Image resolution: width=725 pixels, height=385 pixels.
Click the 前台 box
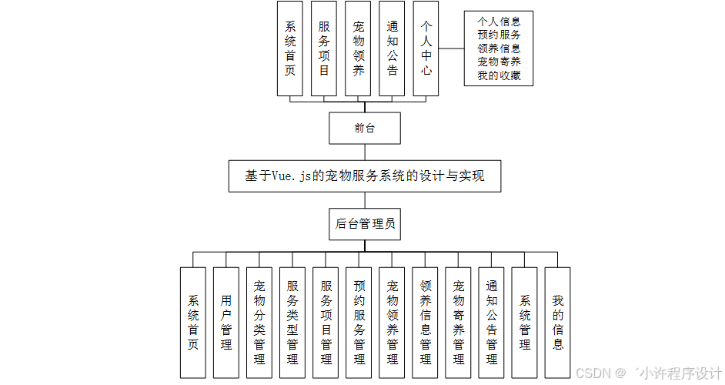coord(364,128)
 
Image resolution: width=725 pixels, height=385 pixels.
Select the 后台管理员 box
coord(364,225)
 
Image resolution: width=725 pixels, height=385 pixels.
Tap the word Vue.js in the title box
coord(291,176)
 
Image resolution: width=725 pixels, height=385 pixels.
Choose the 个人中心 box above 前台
coord(426,48)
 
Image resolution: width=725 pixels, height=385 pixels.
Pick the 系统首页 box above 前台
coord(290,48)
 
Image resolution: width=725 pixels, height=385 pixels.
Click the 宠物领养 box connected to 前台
coord(358,48)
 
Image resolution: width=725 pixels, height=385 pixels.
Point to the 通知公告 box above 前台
coord(392,48)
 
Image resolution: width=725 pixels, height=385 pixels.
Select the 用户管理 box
coord(226,322)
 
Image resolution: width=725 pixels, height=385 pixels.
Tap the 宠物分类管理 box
coord(259,322)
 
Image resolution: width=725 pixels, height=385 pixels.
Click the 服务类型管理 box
coord(292,322)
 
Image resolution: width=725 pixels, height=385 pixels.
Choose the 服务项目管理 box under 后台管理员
coord(326,322)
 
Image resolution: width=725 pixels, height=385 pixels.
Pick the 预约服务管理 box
coord(359,322)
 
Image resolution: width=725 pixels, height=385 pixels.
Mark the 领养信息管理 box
coord(426,322)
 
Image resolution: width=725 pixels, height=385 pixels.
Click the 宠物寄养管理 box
coord(459,322)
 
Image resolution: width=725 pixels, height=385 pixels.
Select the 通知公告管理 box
coord(492,322)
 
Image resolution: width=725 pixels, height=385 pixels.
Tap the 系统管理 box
coord(525,322)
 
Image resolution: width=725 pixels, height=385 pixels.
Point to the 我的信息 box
coord(558,322)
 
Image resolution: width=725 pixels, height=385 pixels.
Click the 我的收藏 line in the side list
coord(499,75)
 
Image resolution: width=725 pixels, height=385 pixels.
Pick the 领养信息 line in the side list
coord(499,48)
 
